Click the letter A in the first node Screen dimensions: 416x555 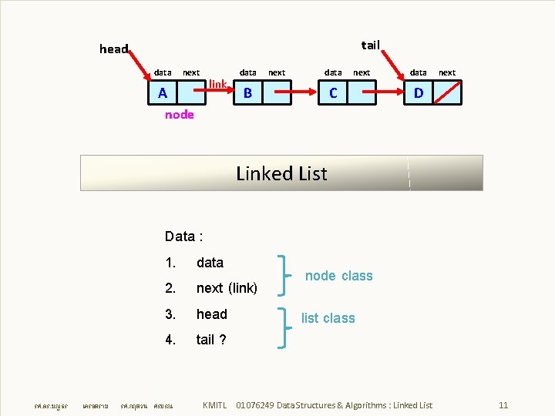coord(162,93)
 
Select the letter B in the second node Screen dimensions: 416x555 coord(247,94)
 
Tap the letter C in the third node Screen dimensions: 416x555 coord(333,93)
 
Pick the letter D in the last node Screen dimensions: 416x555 coord(418,93)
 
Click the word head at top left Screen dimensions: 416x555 coord(114,49)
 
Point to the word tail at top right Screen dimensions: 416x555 coord(371,45)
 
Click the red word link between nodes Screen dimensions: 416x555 coord(217,83)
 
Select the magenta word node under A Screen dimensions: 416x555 coord(180,115)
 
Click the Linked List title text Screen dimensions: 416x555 coord(281,173)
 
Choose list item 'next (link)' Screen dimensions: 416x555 coord(227,288)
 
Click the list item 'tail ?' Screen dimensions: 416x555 coord(211,340)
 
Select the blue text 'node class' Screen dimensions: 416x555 coord(338,276)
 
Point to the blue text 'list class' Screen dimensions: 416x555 coord(328,318)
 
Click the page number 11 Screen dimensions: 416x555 coord(503,405)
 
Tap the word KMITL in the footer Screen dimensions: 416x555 coord(214,405)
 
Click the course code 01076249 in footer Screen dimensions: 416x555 coord(254,405)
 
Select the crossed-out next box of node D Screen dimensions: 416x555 coord(447,93)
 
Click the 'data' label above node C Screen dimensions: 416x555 coord(333,72)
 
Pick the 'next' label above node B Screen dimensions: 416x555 coord(276,72)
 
